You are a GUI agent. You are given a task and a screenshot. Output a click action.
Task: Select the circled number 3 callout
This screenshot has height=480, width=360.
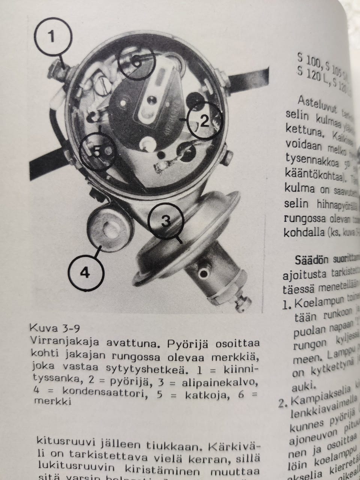click(x=166, y=222)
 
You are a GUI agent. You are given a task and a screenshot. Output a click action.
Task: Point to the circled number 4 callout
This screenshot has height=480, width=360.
click(x=85, y=272)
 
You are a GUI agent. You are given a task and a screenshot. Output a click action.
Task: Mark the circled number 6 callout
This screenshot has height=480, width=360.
click(x=137, y=62)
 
